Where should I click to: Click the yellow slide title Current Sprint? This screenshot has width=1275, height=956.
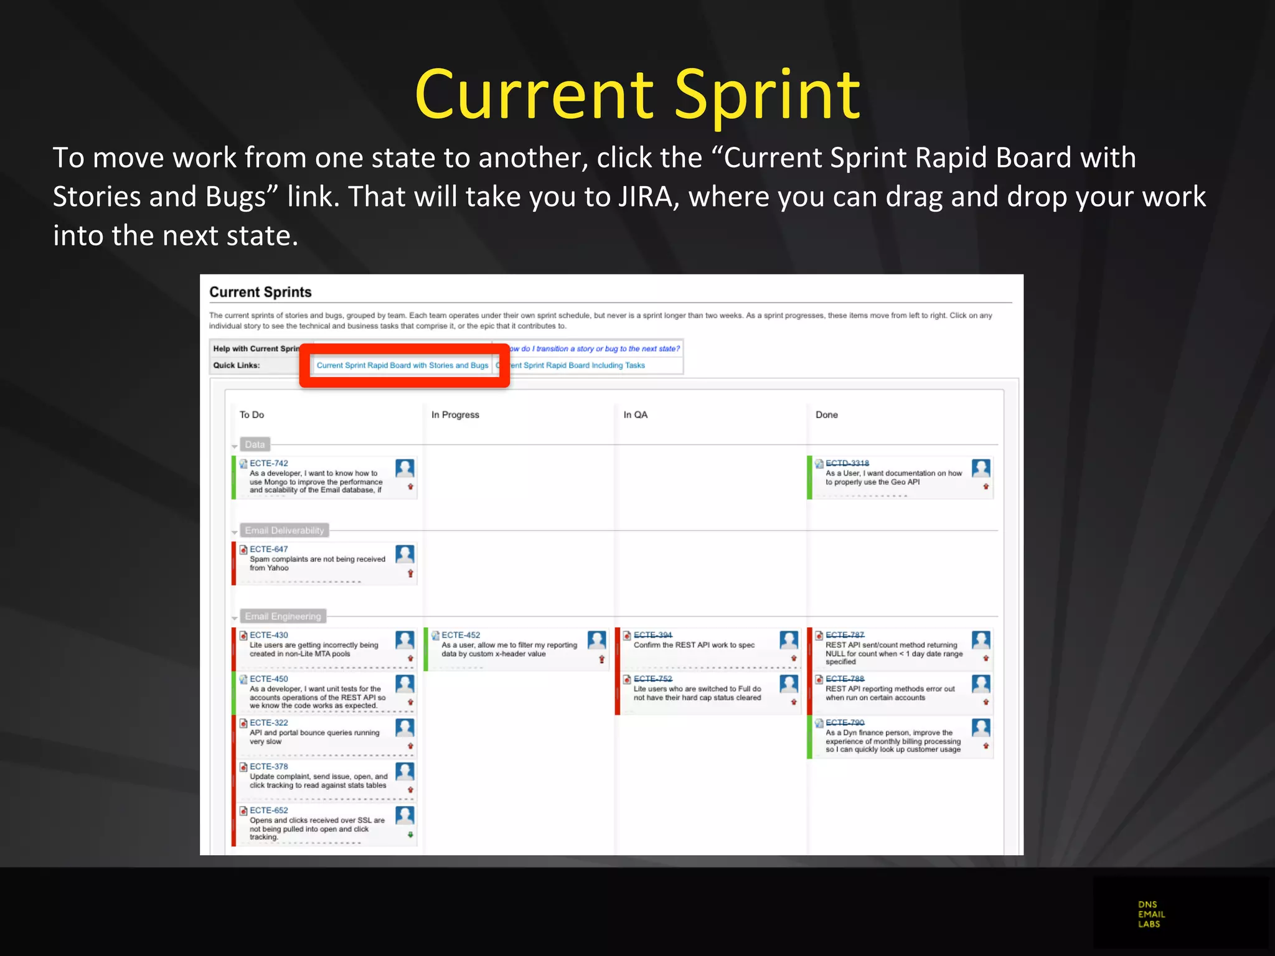637,95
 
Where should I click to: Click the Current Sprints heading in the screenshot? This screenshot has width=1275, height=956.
260,292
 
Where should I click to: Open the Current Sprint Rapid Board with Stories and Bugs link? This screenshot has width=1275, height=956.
402,365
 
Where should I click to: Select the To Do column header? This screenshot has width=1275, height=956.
252,415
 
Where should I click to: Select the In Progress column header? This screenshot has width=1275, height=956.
455,415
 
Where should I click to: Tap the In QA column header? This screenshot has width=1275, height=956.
635,415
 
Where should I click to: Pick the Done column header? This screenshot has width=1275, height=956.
826,415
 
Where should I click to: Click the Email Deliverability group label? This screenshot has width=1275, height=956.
284,530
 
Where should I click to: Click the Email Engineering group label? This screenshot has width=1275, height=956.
283,616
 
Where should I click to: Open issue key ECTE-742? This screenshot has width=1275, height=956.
269,463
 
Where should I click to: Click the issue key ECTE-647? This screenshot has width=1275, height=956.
269,549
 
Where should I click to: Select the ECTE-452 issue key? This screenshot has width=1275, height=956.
461,635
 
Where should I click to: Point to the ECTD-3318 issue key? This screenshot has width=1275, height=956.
847,463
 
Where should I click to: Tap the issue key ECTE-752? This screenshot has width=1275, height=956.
652,678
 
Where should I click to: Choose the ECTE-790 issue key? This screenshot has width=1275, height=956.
845,722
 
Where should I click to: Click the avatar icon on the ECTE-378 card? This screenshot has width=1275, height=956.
405,771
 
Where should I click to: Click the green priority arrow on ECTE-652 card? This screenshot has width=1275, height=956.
410,835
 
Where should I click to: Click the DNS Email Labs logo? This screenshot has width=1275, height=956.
1151,914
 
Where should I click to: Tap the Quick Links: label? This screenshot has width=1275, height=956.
237,365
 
